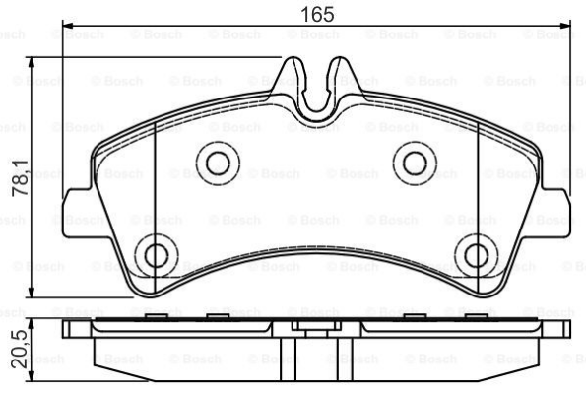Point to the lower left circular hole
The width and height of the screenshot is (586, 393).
coord(155,257)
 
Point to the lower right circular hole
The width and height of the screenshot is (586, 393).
coord(475,257)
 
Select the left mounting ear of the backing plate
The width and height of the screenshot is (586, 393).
coord(74,211)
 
